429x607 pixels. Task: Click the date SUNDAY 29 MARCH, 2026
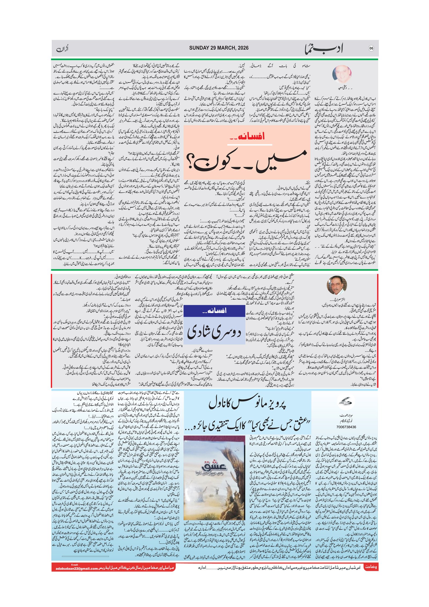point(219,48)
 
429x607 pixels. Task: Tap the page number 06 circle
point(371,48)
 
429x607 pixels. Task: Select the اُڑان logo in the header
point(62,49)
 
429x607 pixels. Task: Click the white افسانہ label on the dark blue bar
point(214,311)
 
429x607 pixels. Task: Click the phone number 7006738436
point(346,427)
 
